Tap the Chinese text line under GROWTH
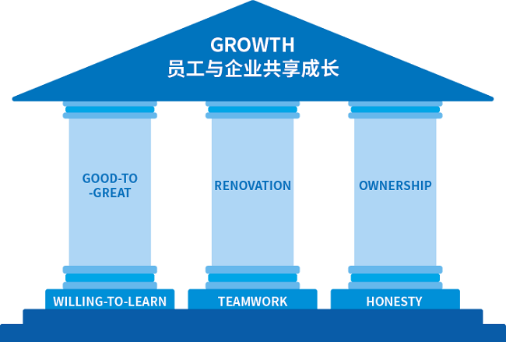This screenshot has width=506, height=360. click(252, 69)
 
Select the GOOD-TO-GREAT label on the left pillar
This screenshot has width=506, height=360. click(110, 185)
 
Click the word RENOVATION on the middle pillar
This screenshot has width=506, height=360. click(252, 185)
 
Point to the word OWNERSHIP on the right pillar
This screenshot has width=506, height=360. click(395, 185)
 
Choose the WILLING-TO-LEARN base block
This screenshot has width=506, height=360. click(110, 301)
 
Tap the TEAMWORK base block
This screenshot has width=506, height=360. click(252, 301)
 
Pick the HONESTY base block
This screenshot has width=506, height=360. click(395, 301)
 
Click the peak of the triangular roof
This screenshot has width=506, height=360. click(253, 5)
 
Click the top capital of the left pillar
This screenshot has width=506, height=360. click(110, 109)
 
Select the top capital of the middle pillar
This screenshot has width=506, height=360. click(252, 109)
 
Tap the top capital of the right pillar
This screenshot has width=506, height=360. click(395, 109)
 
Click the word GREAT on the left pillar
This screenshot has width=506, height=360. click(112, 192)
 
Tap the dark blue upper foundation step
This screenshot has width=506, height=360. click(252, 316)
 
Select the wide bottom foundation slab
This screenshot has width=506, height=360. click(252, 334)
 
